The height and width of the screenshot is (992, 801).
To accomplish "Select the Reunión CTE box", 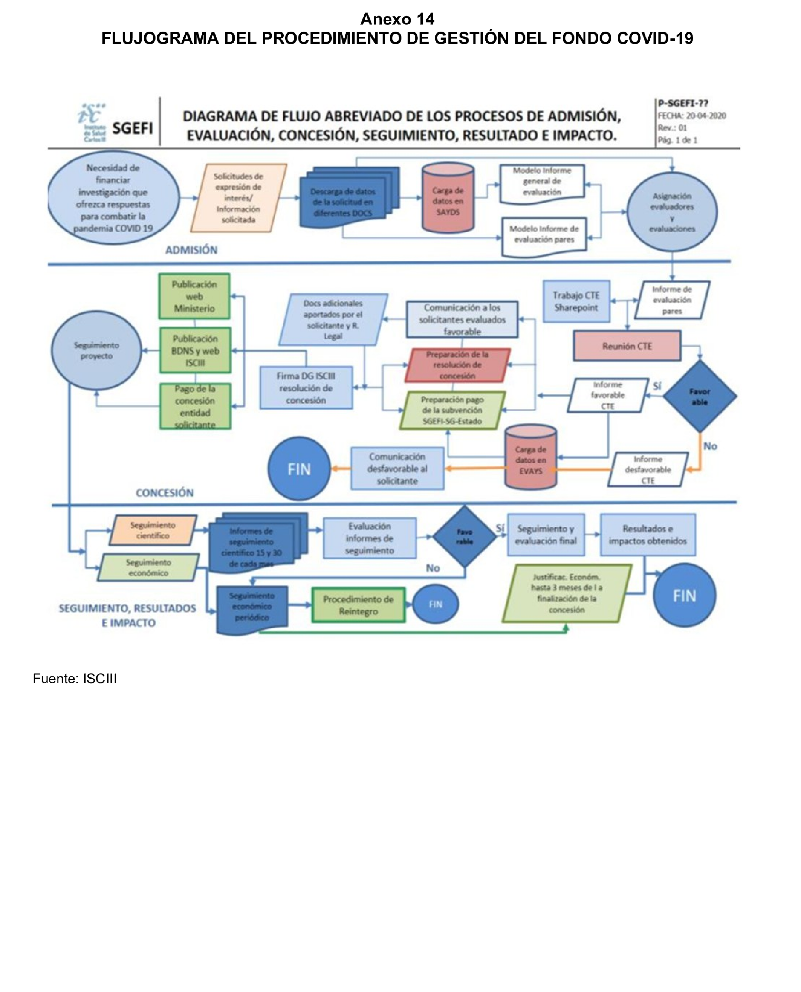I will point(627,346).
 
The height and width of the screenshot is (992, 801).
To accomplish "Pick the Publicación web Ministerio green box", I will point(194,296).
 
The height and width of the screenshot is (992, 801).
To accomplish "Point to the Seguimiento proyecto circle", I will point(96,351).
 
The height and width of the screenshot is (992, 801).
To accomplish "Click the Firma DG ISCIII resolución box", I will point(306,388).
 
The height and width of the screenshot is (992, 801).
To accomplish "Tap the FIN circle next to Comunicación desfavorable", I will point(299,469).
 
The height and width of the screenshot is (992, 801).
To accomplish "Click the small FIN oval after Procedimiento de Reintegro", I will point(435,604).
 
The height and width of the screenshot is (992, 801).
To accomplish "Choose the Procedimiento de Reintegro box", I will point(358,605).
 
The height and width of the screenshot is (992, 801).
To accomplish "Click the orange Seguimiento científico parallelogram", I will point(153,530).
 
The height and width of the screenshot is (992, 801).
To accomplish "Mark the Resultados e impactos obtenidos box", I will point(647,534).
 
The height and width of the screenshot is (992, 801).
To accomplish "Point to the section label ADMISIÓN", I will point(191,250).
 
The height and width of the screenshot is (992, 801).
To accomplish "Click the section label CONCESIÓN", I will point(164,492).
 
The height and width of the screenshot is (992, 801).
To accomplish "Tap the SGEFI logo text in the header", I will point(132,128).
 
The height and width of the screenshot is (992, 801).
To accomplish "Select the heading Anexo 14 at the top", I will point(397,19).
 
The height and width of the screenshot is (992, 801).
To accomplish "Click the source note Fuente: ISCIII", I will point(74,679).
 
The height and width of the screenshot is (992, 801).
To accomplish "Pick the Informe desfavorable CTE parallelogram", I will point(647,469).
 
